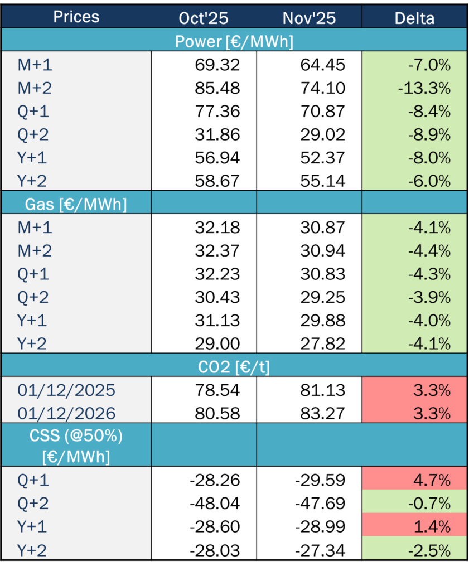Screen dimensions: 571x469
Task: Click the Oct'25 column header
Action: click(x=204, y=18)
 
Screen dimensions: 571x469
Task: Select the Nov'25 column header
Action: click(x=309, y=18)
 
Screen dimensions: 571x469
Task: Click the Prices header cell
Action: click(x=76, y=17)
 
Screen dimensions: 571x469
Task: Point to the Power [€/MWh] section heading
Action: click(x=234, y=41)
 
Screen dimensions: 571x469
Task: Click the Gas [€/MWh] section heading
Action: click(x=76, y=204)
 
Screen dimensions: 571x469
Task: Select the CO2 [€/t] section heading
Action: click(x=234, y=366)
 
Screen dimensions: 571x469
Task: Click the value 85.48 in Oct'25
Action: click(x=217, y=88)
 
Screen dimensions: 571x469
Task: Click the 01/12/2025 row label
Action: click(x=66, y=390)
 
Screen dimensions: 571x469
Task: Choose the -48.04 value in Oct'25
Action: click(x=214, y=504)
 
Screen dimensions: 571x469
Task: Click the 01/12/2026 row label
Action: click(x=66, y=414)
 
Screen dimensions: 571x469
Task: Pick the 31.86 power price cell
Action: click(x=217, y=134)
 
